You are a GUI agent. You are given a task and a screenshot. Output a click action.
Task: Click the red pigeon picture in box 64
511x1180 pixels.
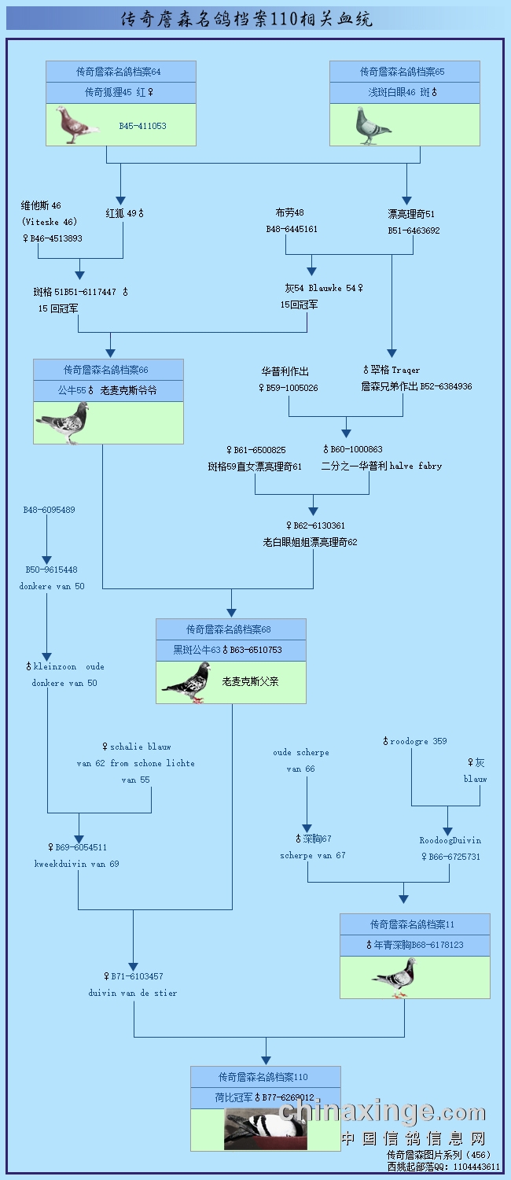point(77,125)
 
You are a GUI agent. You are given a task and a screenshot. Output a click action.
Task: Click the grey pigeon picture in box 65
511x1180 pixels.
point(372,126)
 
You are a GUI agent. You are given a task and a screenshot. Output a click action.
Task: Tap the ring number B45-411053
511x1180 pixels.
point(142,126)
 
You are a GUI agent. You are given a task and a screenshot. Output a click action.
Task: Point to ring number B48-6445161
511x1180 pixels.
point(292,230)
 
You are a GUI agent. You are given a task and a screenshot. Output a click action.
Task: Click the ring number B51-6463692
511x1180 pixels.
point(414,230)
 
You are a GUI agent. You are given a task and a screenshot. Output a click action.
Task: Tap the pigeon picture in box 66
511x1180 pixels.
point(62,423)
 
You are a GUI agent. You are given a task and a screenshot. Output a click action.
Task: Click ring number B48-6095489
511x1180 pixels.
point(49,510)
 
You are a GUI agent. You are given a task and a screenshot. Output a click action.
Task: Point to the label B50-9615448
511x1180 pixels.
point(51,570)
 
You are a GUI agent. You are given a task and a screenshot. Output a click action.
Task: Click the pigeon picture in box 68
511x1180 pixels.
point(187,681)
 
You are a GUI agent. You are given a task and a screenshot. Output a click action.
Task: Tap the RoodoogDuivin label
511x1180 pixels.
point(450,840)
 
